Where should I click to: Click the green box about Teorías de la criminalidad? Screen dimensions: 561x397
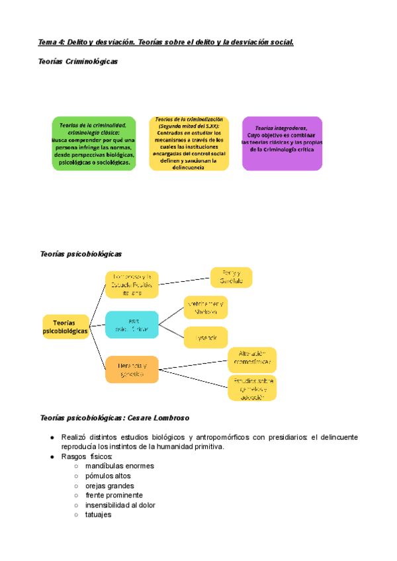click(x=94, y=144)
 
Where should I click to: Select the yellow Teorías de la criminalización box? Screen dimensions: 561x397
click(x=189, y=144)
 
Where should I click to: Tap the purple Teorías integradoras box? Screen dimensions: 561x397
click(x=283, y=144)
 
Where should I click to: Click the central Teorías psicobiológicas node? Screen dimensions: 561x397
click(x=66, y=326)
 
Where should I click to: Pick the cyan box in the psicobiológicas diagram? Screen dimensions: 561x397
click(x=132, y=325)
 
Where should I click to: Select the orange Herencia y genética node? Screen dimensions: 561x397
click(x=132, y=369)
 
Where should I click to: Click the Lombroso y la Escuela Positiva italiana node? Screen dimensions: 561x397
click(x=132, y=284)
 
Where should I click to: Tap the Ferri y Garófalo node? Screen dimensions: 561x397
click(x=232, y=277)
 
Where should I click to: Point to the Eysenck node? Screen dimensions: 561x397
click(x=206, y=337)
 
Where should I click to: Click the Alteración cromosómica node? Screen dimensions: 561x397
click(x=251, y=360)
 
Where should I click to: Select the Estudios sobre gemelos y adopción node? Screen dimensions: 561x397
click(x=251, y=388)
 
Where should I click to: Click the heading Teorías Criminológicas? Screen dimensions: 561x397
click(x=79, y=62)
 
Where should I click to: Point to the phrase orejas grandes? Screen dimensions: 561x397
click(x=104, y=486)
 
